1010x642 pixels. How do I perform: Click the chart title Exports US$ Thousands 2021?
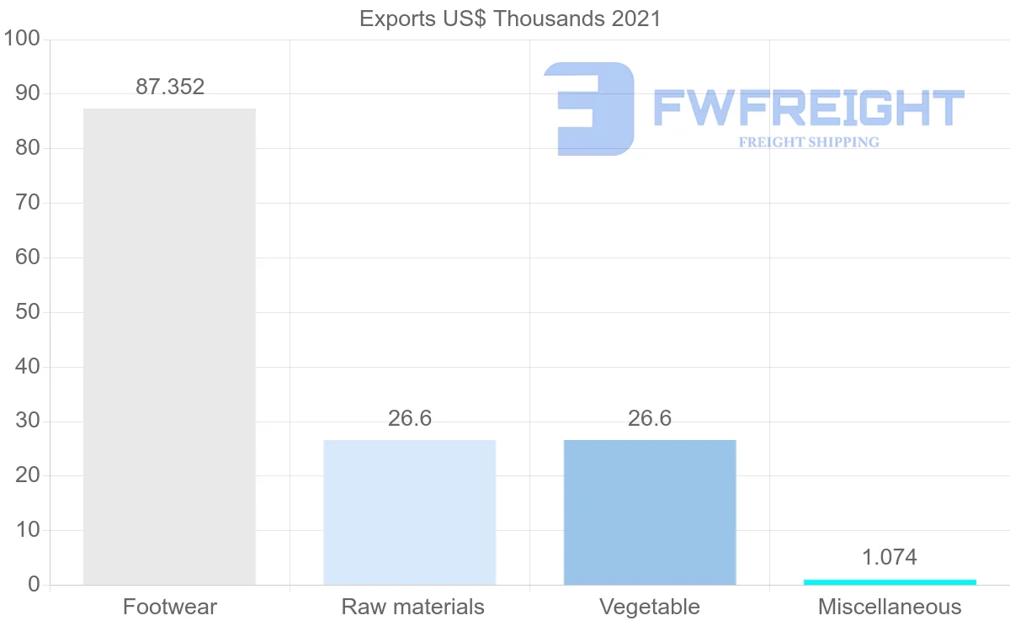(510, 19)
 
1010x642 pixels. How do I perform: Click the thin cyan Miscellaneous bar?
(890, 581)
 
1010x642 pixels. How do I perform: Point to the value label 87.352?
(170, 87)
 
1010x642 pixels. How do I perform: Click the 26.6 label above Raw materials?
(410, 418)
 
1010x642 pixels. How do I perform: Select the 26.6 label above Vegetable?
(650, 418)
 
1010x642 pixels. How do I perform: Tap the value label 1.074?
(890, 557)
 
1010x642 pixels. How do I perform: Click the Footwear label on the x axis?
(170, 607)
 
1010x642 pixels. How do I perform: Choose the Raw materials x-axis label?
(412, 607)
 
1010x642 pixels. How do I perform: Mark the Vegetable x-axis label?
(650, 607)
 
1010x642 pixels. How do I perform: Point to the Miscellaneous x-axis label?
(890, 607)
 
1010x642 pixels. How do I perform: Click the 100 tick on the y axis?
(23, 39)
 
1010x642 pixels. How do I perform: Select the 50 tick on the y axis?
(28, 312)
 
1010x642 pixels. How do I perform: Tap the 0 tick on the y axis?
(34, 585)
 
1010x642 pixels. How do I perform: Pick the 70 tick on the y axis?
(28, 203)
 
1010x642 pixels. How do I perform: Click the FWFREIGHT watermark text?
(809, 109)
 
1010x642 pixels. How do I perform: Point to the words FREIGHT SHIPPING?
(809, 142)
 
